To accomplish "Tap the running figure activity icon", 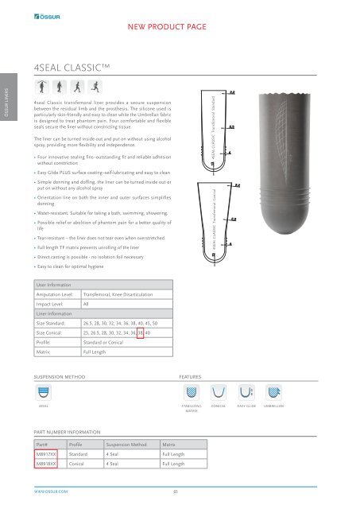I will [x=97, y=87].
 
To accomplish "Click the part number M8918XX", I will [x=46, y=464].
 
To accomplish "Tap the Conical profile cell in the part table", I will [x=77, y=464].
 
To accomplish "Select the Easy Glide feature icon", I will [x=245, y=391].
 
